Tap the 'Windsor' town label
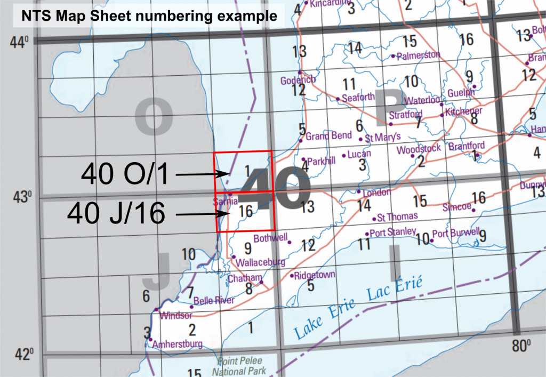[175, 315]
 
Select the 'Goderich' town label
[298, 80]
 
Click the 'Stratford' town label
[406, 115]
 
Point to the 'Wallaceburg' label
[260, 262]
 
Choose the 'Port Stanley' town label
[393, 232]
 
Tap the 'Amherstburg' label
[177, 344]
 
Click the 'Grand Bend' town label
[328, 135]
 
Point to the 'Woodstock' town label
[419, 149]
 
